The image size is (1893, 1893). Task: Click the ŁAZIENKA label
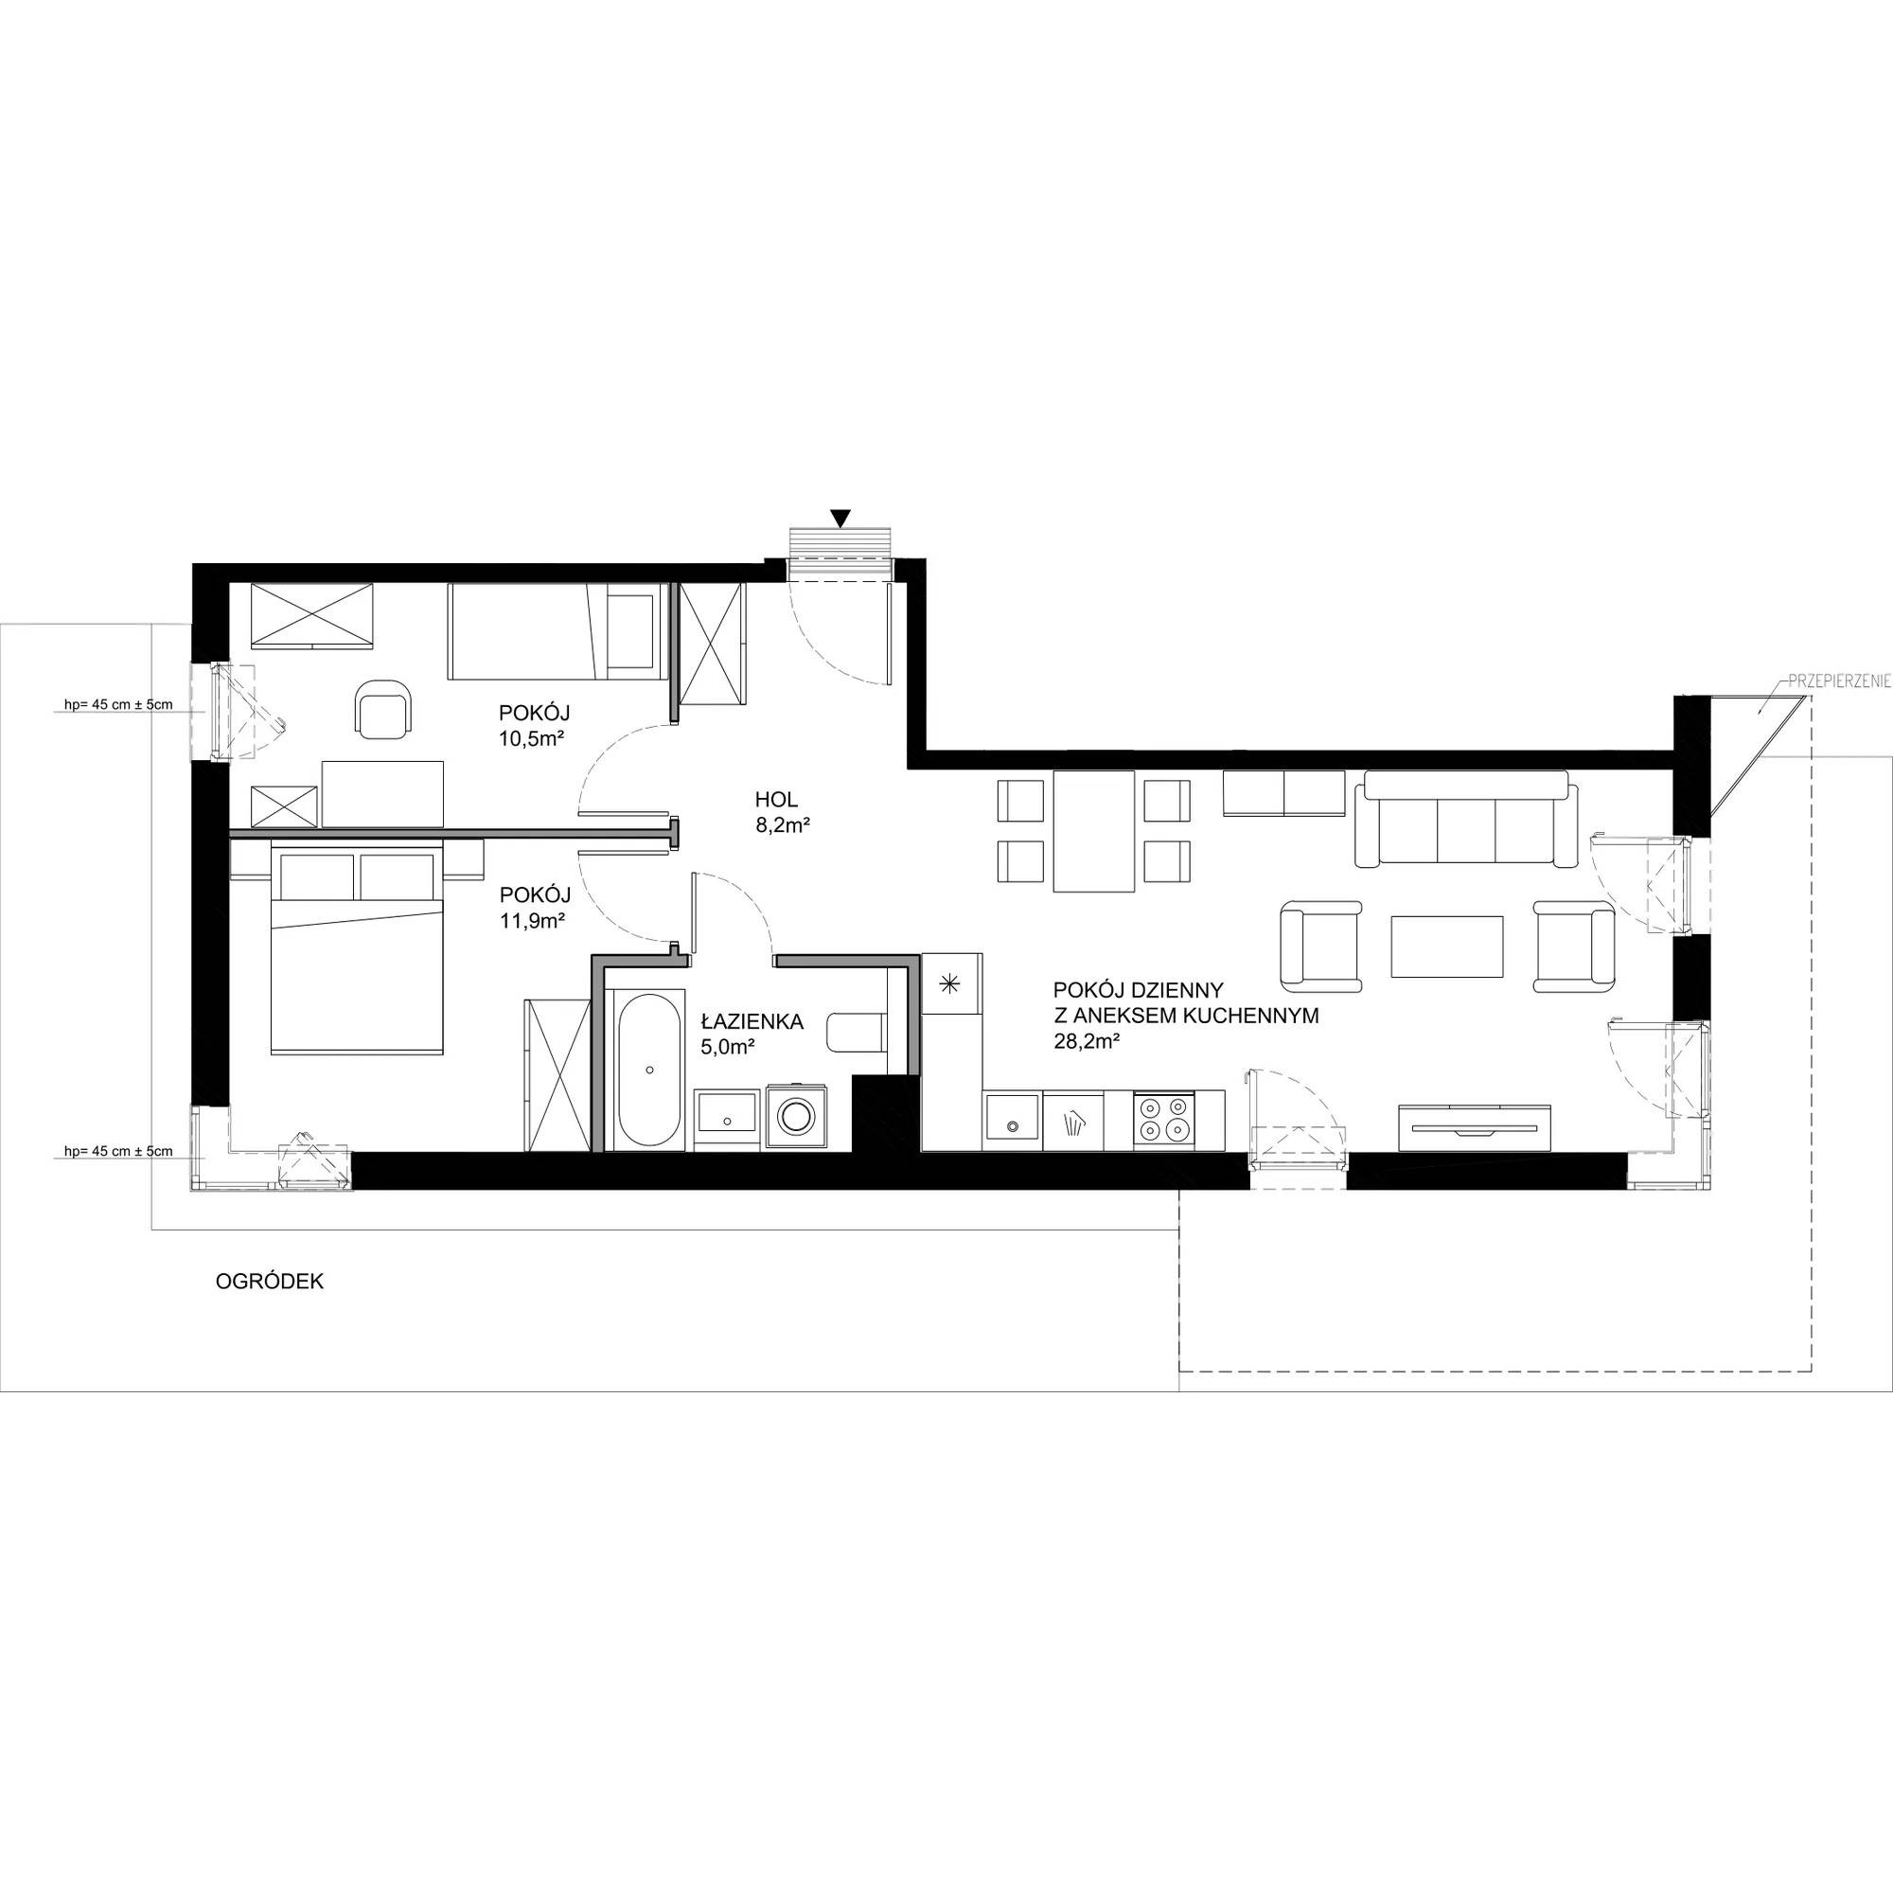752,1021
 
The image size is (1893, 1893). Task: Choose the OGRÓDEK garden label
270,1281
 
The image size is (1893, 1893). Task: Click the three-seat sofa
1466,819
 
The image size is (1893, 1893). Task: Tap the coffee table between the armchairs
1447,946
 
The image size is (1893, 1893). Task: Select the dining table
1093,831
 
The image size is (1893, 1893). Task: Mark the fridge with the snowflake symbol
950,982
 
